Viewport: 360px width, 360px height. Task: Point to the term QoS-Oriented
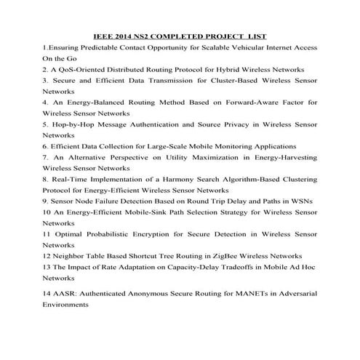tap(83, 69)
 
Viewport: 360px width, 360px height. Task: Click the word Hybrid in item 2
tap(218, 69)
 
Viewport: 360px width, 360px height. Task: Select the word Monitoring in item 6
tap(235, 145)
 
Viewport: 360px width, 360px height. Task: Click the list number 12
tap(46, 256)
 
